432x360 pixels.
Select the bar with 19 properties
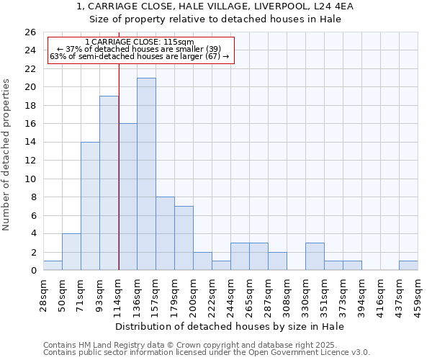(x=109, y=183)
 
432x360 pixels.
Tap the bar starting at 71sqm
(x=90, y=206)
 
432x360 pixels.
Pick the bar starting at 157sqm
(x=165, y=233)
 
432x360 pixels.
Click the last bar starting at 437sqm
(x=408, y=265)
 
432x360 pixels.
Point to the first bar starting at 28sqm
(x=53, y=265)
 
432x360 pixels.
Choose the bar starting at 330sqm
(x=315, y=256)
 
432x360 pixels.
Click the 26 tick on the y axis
(x=30, y=32)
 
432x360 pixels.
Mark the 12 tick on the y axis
(x=30, y=161)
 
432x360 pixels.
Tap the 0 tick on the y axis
(x=33, y=271)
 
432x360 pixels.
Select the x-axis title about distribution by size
(x=230, y=326)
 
